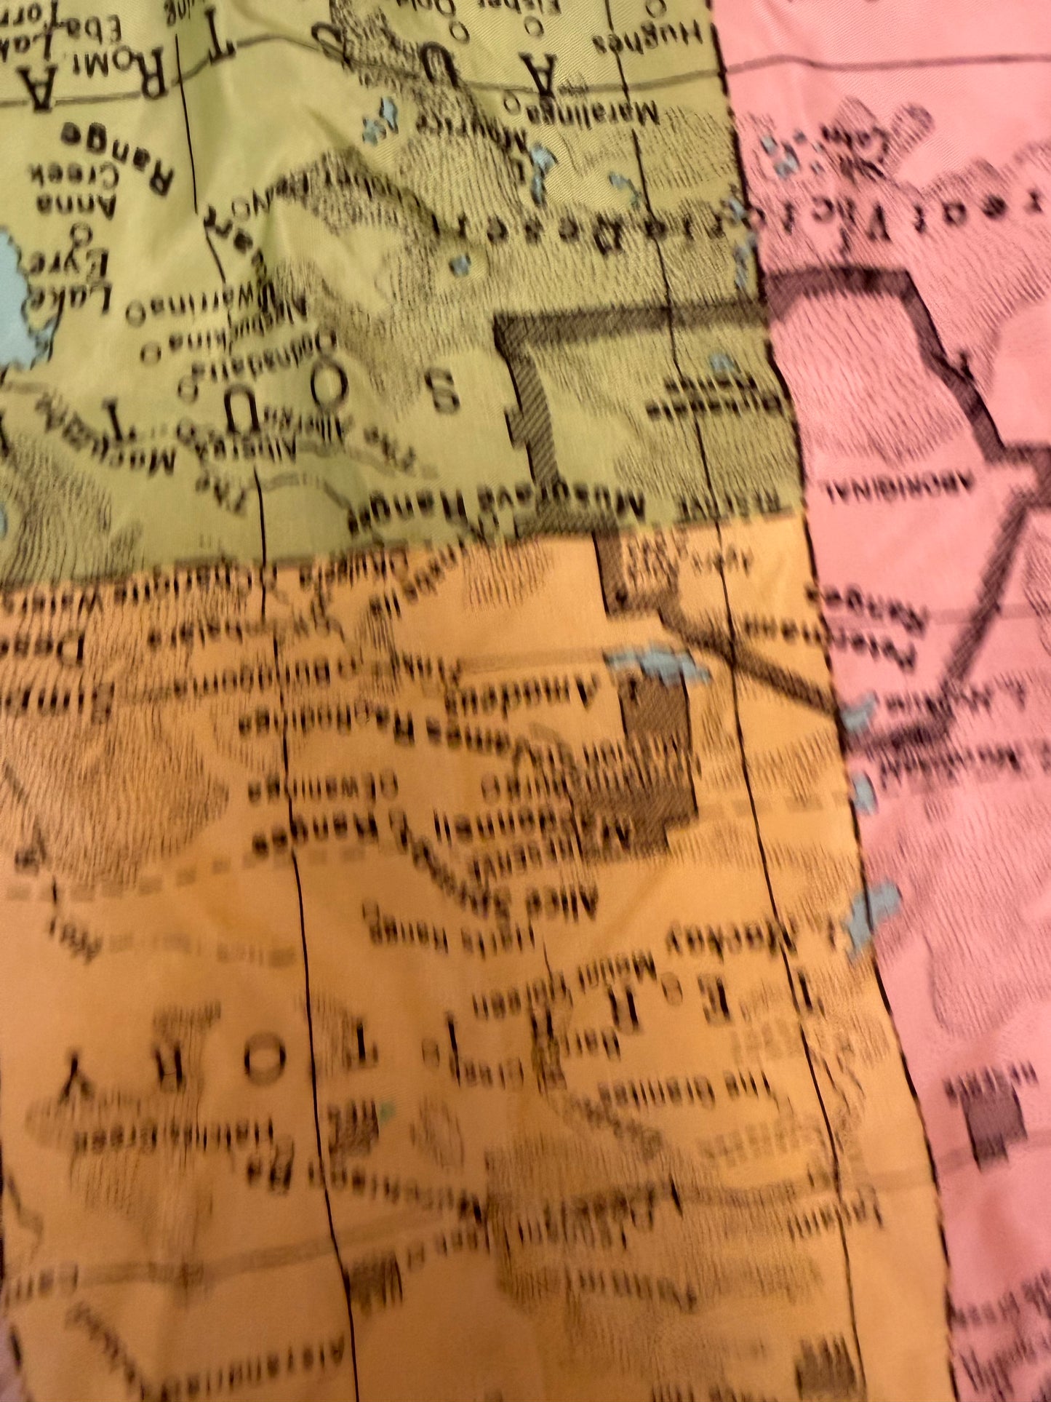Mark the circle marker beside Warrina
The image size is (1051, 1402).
(135, 315)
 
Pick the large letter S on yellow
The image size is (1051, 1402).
(447, 391)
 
